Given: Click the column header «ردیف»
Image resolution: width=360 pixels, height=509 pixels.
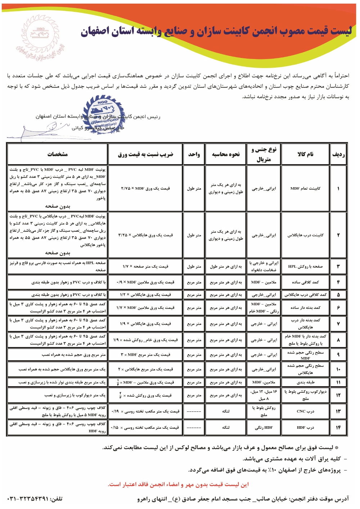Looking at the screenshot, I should [x=338, y=154].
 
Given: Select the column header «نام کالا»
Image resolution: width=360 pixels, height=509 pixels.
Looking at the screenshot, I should [x=305, y=154].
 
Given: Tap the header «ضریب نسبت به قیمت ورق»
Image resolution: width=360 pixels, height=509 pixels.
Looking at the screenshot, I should [x=145, y=154].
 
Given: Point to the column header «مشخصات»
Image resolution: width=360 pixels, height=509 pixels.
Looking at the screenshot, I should [x=58, y=154].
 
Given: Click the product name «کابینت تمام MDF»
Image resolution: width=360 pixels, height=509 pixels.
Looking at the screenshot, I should [x=305, y=188].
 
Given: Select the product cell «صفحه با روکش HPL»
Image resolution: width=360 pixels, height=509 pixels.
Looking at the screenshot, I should [x=305, y=266].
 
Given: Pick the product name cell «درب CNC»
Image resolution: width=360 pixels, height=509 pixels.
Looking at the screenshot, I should [x=305, y=411].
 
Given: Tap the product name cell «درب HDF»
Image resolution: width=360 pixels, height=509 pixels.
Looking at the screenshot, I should [x=305, y=427].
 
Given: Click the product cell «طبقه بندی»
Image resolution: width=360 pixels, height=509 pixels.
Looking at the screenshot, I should [x=305, y=382].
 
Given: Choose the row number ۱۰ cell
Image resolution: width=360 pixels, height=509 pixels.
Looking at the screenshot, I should [x=338, y=369].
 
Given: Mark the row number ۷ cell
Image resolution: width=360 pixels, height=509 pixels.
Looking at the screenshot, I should [x=338, y=324].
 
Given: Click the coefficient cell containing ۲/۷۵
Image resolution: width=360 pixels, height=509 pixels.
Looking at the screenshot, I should [x=145, y=188].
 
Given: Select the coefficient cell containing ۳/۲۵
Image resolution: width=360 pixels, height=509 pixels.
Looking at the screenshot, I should [x=145, y=235].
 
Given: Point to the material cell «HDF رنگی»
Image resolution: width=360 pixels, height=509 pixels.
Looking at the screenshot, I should [x=264, y=427].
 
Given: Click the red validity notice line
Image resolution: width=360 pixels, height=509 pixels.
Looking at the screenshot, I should [x=178, y=484].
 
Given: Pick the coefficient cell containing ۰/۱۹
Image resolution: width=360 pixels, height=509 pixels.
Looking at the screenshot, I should [x=145, y=411].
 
